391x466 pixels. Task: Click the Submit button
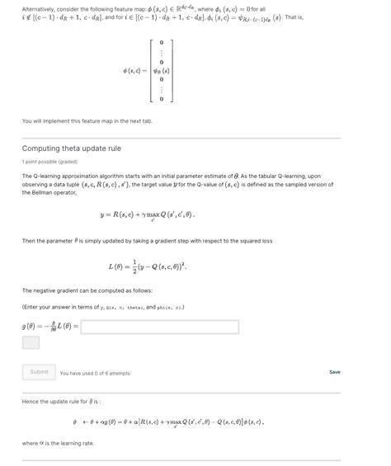pos(39,372)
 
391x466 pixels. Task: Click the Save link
pos(334,372)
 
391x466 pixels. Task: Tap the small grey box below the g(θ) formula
pos(31,342)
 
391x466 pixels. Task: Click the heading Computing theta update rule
pos(71,148)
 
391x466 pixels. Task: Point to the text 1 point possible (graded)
pos(51,162)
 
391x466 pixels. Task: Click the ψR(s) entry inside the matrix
pos(161,69)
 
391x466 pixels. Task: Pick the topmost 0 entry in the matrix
pos(162,41)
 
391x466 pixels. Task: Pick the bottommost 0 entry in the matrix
pos(162,99)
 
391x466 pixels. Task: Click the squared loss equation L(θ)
pos(147,266)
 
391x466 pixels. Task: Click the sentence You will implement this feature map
pos(87,121)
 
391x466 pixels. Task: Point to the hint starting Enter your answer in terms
pos(103,307)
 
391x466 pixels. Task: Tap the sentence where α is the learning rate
pos(58,443)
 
